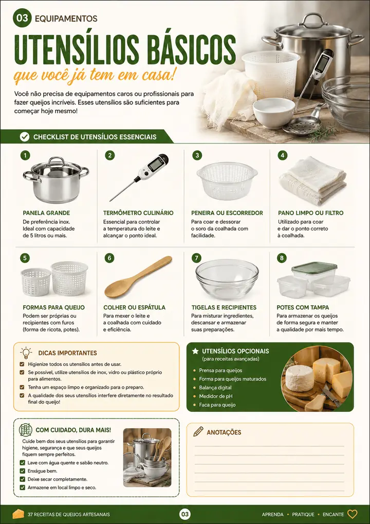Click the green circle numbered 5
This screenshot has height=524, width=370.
(25, 258)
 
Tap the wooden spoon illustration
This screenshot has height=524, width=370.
(138, 277)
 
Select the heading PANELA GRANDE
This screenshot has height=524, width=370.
(46, 213)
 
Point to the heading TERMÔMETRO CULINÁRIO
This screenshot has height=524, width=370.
(138, 213)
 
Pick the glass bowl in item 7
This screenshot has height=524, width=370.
(227, 279)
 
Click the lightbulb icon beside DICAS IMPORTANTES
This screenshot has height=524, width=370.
(26, 353)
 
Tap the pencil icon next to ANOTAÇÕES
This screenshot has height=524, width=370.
(198, 431)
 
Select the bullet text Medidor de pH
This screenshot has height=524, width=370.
(215, 396)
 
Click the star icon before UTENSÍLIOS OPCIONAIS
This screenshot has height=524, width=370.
(195, 351)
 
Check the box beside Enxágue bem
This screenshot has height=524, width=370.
(22, 471)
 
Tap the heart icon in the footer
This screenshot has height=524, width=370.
(353, 514)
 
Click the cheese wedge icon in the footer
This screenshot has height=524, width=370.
(18, 514)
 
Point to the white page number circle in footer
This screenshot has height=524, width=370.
(185, 514)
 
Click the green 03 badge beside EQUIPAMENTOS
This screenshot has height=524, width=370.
(22, 19)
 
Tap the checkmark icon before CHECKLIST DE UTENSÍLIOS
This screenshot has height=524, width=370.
(24, 137)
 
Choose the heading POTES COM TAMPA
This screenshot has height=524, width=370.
(303, 307)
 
